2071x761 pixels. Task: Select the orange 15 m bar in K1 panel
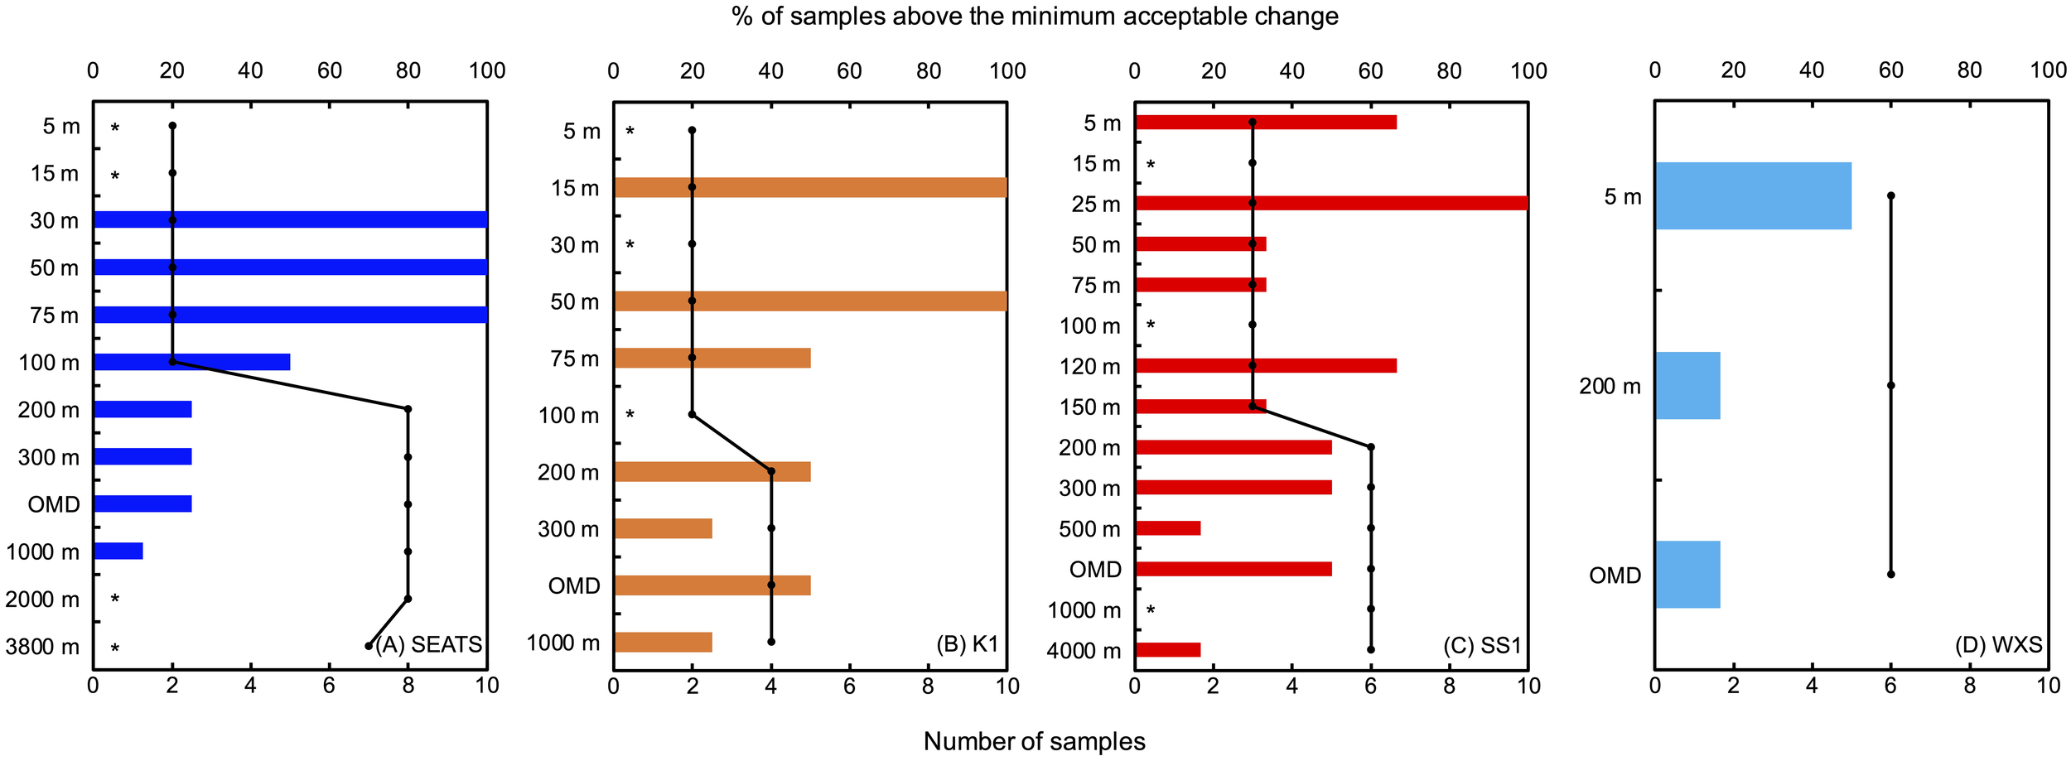(810, 187)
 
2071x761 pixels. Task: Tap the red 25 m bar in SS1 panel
(1330, 203)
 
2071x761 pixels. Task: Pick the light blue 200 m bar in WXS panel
(1687, 385)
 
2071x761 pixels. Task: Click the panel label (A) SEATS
(428, 644)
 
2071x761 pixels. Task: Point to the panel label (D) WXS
(1998, 644)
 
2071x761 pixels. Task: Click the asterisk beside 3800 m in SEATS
(115, 648)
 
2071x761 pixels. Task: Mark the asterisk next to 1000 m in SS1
(1151, 611)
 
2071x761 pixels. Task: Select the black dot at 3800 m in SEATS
(369, 646)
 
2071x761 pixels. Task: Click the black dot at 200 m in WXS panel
(1890, 385)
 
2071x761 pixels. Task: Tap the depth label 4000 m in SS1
(1083, 651)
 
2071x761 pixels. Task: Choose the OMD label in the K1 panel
(573, 585)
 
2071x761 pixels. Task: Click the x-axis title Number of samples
(1034, 741)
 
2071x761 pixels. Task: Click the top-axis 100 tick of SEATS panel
(487, 71)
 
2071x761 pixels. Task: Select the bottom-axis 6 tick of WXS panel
(1890, 686)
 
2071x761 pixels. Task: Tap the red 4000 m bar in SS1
(1167, 650)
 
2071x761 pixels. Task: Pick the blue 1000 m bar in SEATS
(118, 551)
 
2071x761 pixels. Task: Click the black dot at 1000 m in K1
(771, 642)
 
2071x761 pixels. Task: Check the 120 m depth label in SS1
(1089, 367)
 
